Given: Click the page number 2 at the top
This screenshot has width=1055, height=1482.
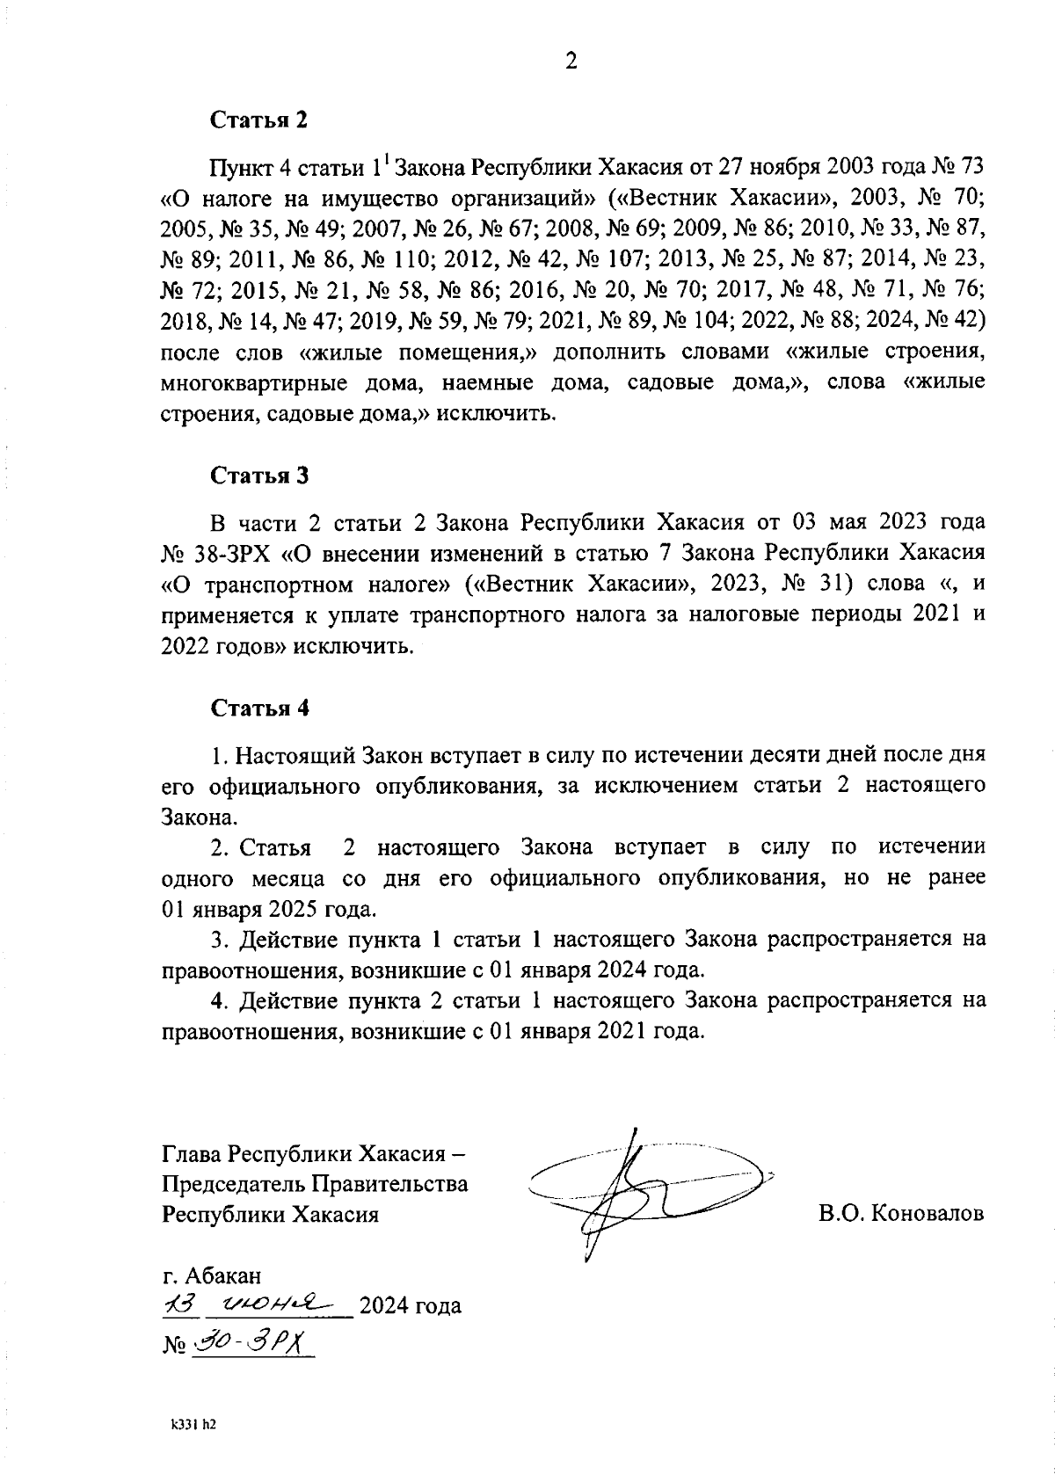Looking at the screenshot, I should point(571,62).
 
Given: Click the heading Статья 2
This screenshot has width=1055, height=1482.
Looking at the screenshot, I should point(258,120).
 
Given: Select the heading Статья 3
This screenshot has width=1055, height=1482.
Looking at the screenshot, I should point(258,476).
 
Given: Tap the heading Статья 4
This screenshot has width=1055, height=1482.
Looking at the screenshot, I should point(258,708).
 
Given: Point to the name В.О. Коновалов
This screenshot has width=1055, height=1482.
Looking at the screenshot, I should point(901,1214).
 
